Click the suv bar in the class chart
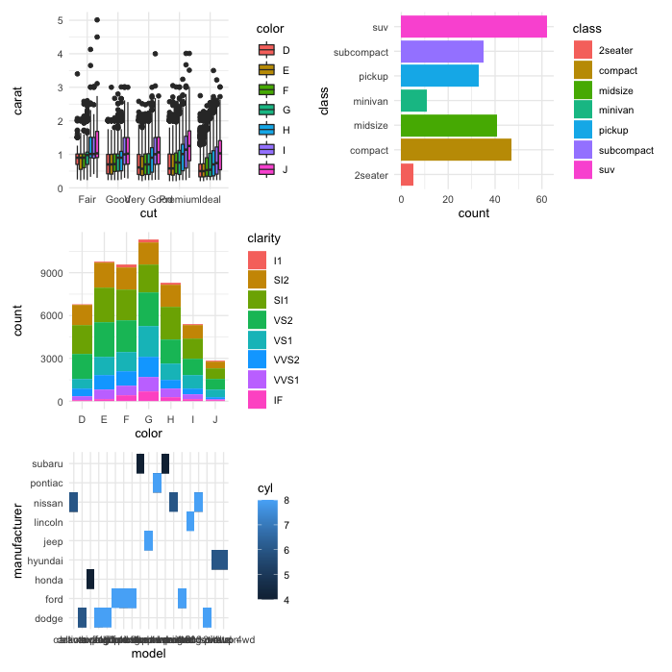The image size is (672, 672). coord(473,27)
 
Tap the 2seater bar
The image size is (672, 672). coord(407,175)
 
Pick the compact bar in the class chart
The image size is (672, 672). coord(456,150)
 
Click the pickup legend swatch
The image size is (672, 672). coord(583,130)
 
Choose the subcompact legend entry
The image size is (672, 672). coord(625,150)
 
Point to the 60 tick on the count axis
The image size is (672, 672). coord(541,199)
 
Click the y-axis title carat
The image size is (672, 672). coord(18,100)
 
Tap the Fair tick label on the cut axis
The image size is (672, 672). coord(87,199)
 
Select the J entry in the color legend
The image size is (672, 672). coord(268,170)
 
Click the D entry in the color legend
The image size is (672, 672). coord(268,49)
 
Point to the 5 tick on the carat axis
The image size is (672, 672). coord(60,20)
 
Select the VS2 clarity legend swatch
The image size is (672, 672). coord(257,320)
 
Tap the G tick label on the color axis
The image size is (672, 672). coord(148,419)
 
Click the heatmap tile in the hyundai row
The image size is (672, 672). coord(219,560)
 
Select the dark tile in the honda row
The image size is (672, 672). coord(90,579)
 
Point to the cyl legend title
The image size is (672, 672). coord(264,488)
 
